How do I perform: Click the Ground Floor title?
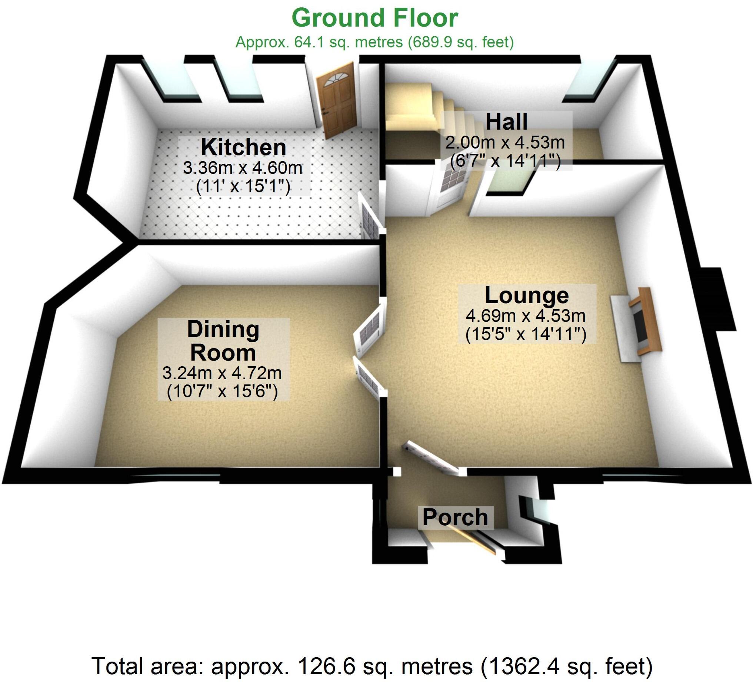[x=374, y=18]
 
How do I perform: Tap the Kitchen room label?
[x=243, y=147]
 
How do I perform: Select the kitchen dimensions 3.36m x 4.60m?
[x=242, y=168]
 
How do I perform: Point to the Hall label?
[x=506, y=122]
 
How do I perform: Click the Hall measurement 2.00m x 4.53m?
[x=505, y=142]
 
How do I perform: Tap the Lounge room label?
[x=527, y=295]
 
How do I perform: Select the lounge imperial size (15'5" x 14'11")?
[x=526, y=334]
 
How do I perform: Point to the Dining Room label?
[x=223, y=340]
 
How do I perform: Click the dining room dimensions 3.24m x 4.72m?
[x=222, y=373]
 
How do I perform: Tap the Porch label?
[x=455, y=517]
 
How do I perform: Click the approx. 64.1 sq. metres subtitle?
[x=374, y=42]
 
